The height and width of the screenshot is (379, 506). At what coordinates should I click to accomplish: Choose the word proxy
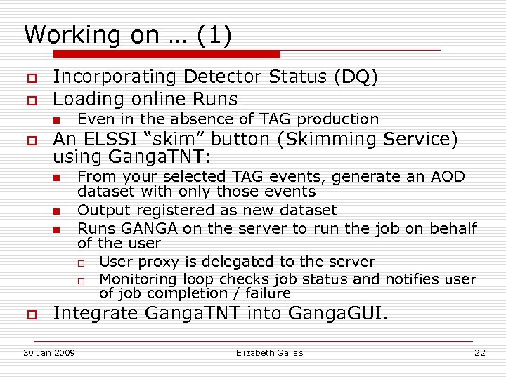(157, 262)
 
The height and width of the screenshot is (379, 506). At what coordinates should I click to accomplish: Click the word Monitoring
(139, 279)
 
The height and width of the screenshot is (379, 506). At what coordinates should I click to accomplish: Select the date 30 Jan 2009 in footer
(50, 352)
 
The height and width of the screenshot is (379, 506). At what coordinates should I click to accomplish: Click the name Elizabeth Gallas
(269, 352)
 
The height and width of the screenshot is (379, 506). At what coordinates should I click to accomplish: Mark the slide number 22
(479, 352)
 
